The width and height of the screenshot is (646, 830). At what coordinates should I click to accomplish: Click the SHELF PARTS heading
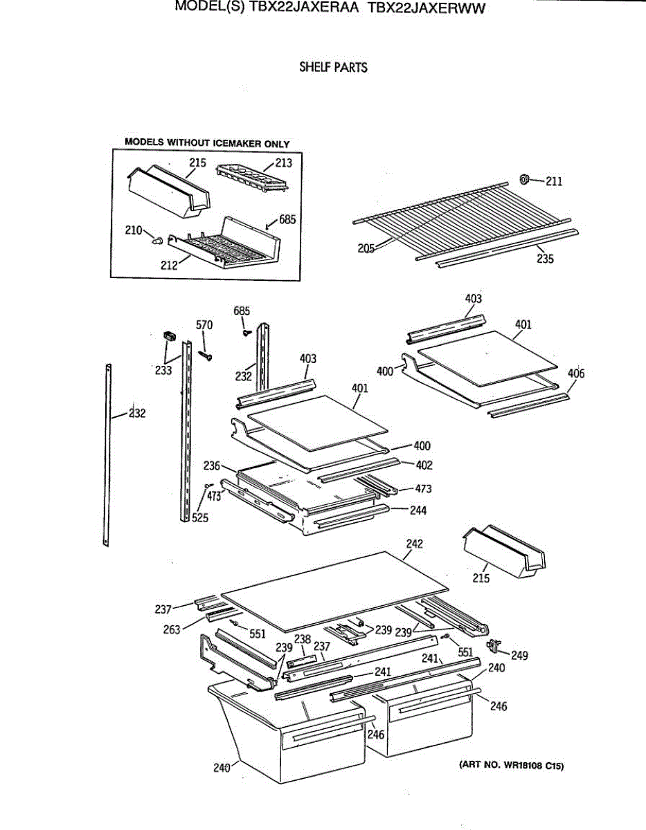pyautogui.click(x=333, y=67)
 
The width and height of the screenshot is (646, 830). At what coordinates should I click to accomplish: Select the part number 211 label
pyautogui.click(x=554, y=181)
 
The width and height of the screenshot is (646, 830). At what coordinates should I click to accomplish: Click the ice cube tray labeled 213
pyautogui.click(x=252, y=178)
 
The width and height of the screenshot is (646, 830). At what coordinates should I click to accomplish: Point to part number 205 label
pyautogui.click(x=366, y=248)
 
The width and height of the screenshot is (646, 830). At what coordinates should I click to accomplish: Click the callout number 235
pyautogui.click(x=545, y=259)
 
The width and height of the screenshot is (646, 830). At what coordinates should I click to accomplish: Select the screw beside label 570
pyautogui.click(x=205, y=356)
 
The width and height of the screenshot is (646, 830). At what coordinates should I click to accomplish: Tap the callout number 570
pyautogui.click(x=204, y=325)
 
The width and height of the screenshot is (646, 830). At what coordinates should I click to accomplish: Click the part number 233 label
pyautogui.click(x=163, y=370)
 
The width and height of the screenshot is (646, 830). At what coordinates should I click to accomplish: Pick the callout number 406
pyautogui.click(x=576, y=373)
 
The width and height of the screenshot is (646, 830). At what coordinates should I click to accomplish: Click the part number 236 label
pyautogui.click(x=212, y=465)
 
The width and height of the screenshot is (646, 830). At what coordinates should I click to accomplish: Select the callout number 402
pyautogui.click(x=424, y=465)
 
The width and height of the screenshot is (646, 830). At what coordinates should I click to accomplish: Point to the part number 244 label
pyautogui.click(x=418, y=510)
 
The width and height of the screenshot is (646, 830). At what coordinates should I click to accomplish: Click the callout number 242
pyautogui.click(x=415, y=544)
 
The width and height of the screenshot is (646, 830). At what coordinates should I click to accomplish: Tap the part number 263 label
pyautogui.click(x=172, y=629)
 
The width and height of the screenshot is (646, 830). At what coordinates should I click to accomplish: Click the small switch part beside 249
pyautogui.click(x=493, y=645)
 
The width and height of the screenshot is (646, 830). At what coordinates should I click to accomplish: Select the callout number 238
pyautogui.click(x=303, y=639)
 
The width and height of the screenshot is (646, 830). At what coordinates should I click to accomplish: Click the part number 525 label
pyautogui.click(x=200, y=518)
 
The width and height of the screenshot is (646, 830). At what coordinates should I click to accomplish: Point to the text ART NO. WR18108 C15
pyautogui.click(x=512, y=765)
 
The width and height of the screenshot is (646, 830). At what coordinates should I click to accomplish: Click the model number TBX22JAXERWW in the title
pyautogui.click(x=427, y=8)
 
